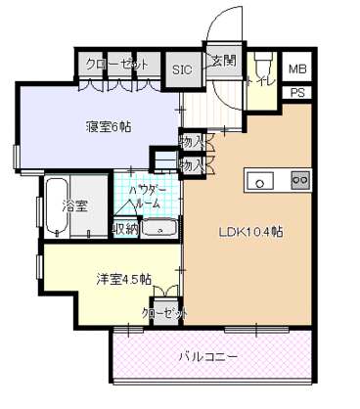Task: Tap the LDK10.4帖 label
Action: point(250,232)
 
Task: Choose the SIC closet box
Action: point(182,68)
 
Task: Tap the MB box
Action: point(297,68)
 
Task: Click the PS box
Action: point(297,93)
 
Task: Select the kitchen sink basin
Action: point(260,180)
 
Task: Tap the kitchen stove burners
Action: point(298,180)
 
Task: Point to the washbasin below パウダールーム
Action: point(157,228)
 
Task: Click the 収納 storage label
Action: point(124,229)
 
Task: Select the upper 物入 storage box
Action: point(191,142)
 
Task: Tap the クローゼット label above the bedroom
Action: point(116,65)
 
